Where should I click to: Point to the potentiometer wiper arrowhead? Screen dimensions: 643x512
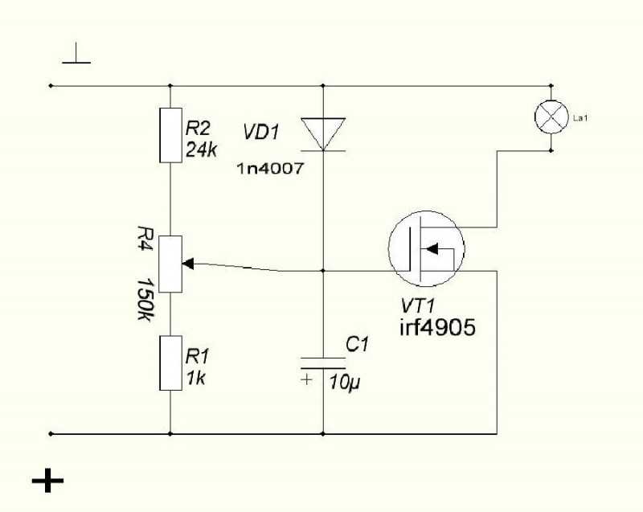188,264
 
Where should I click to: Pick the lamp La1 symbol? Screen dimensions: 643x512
551,117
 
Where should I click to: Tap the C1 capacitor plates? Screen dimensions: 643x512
323,362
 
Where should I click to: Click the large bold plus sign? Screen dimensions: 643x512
48,480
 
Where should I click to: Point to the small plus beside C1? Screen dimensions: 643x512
306,379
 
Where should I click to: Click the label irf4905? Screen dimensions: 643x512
437,327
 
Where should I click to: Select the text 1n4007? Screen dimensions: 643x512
271,168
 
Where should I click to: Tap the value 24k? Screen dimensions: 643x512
201,150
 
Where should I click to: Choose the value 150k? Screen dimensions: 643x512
145,300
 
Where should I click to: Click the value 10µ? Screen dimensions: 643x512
345,383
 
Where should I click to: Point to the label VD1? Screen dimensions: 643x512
261,133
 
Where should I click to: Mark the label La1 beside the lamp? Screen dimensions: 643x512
580,118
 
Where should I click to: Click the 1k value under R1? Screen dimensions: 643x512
195,378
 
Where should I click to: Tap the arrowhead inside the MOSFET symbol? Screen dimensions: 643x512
432,248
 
